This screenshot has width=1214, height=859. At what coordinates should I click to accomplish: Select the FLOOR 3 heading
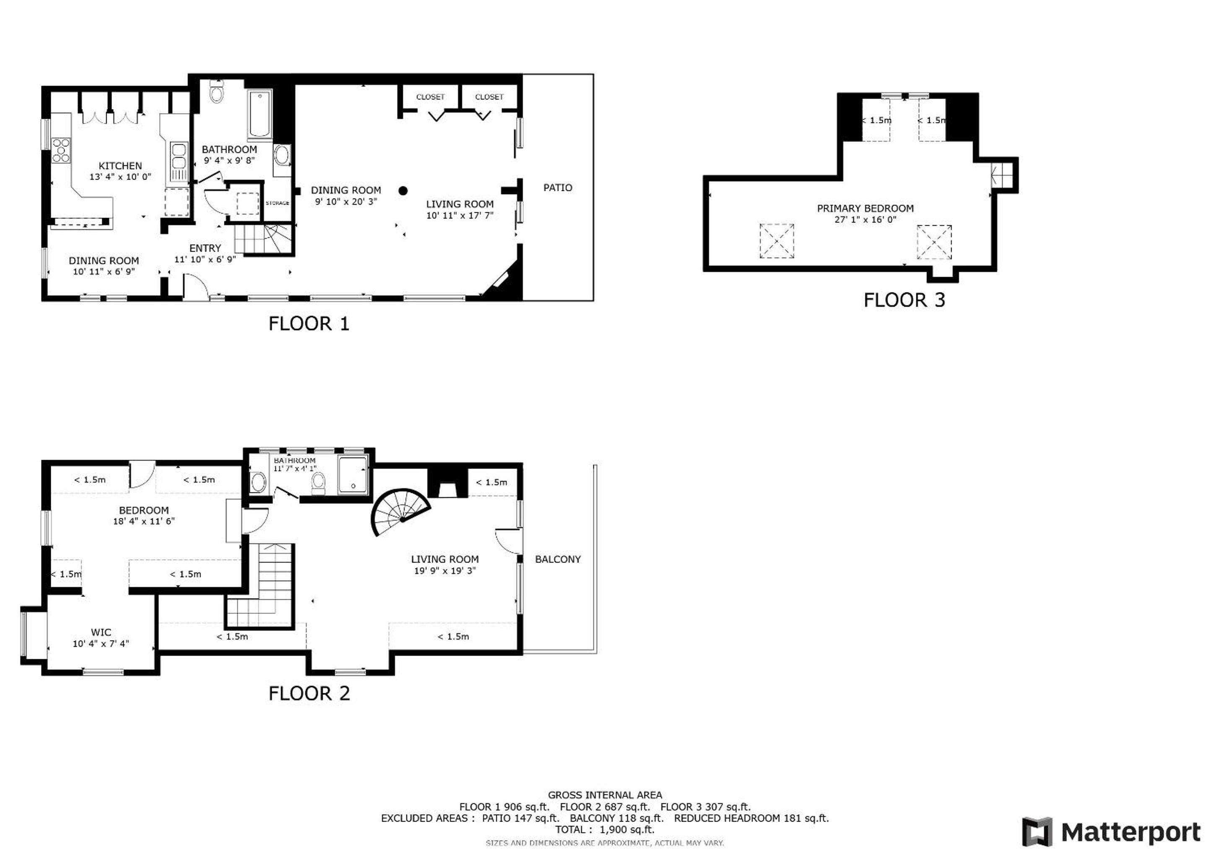tap(904, 300)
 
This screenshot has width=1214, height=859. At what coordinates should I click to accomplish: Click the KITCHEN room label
tap(120, 166)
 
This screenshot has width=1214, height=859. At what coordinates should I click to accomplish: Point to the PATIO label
tap(558, 188)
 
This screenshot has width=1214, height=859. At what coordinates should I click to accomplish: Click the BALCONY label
tap(558, 559)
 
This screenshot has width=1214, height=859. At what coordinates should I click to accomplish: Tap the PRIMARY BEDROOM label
tap(866, 208)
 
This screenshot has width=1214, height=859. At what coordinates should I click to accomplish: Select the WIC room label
tap(101, 633)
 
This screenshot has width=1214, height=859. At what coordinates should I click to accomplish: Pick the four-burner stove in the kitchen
tap(61, 150)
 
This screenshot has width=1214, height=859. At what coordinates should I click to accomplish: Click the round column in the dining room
tap(403, 190)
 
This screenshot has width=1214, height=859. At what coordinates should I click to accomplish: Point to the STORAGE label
tap(278, 203)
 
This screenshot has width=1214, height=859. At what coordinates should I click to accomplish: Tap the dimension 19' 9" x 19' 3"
tap(445, 571)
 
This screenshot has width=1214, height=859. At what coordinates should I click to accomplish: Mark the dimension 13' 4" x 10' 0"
tap(120, 177)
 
